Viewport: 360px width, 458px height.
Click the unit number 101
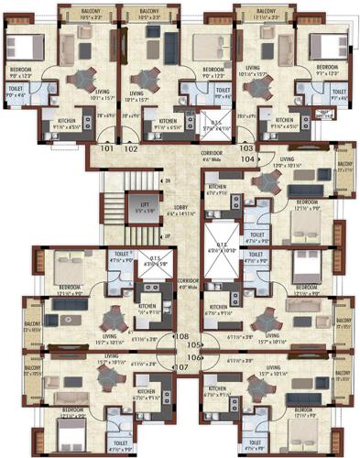[107, 147]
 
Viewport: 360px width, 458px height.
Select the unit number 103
[245, 147]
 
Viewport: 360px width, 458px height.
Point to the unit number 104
[247, 158]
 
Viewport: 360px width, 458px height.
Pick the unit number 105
[193, 345]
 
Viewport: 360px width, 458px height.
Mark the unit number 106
[193, 356]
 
